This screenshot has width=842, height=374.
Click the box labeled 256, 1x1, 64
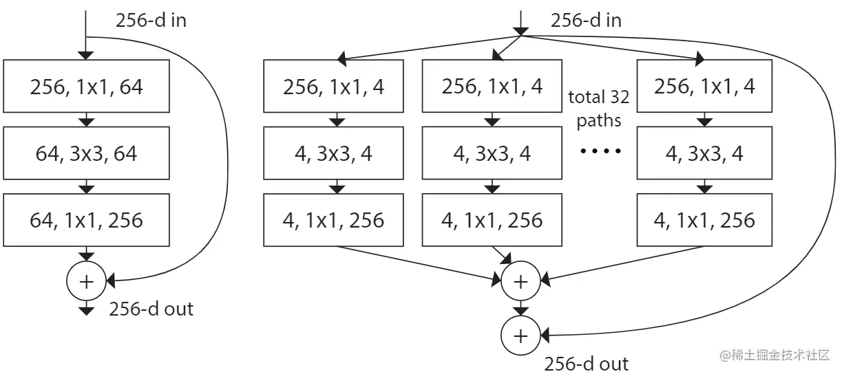(86, 86)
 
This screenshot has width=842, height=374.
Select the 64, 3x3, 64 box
(86, 153)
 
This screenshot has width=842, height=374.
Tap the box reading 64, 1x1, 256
(86, 220)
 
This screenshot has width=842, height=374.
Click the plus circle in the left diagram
(86, 280)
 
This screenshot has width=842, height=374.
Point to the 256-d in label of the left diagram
(150, 20)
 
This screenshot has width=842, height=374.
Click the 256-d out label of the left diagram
(151, 309)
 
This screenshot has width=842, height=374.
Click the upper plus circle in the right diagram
(521, 280)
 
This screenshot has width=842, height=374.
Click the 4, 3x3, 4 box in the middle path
(492, 153)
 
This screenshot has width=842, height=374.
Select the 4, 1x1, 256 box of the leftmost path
(334, 220)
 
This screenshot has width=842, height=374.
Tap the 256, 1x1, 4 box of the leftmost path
(334, 86)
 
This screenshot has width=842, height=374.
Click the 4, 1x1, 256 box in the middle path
(492, 220)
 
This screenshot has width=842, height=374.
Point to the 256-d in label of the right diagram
(586, 20)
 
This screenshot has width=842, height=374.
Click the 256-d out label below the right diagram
(586, 363)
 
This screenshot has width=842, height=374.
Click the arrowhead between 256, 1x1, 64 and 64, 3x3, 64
(86, 122)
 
